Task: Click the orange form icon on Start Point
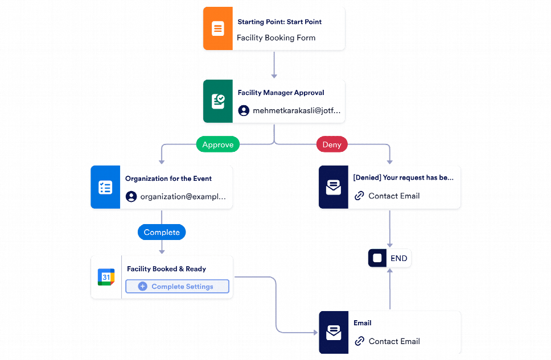[217, 28]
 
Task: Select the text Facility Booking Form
[276, 38]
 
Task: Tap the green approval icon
[217, 101]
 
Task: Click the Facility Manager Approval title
[281, 93]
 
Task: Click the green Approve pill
[218, 144]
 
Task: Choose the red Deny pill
[332, 144]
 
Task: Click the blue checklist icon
[105, 187]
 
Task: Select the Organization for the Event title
[168, 179]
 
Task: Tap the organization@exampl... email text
[183, 197]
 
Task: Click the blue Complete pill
[162, 232]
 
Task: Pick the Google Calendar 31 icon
[106, 277]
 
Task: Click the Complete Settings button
[177, 287]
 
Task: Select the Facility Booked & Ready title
[166, 269]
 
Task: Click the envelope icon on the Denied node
[334, 187]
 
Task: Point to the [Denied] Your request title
[403, 177]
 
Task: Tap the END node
[389, 258]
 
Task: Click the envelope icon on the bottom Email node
[334, 332]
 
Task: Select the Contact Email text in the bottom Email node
[394, 341]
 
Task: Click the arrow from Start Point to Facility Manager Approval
[274, 65]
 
